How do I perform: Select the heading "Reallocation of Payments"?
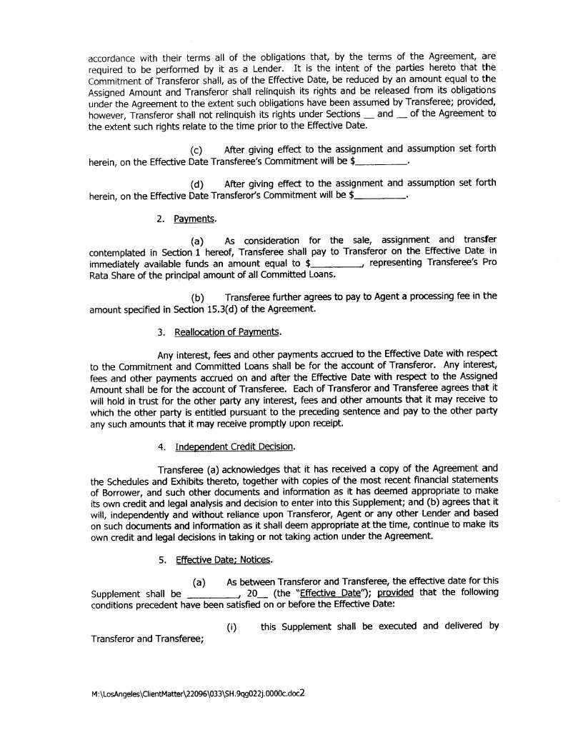point(227,332)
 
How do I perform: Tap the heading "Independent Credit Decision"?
point(234,446)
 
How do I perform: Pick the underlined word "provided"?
point(396,593)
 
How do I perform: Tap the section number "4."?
point(163,446)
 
